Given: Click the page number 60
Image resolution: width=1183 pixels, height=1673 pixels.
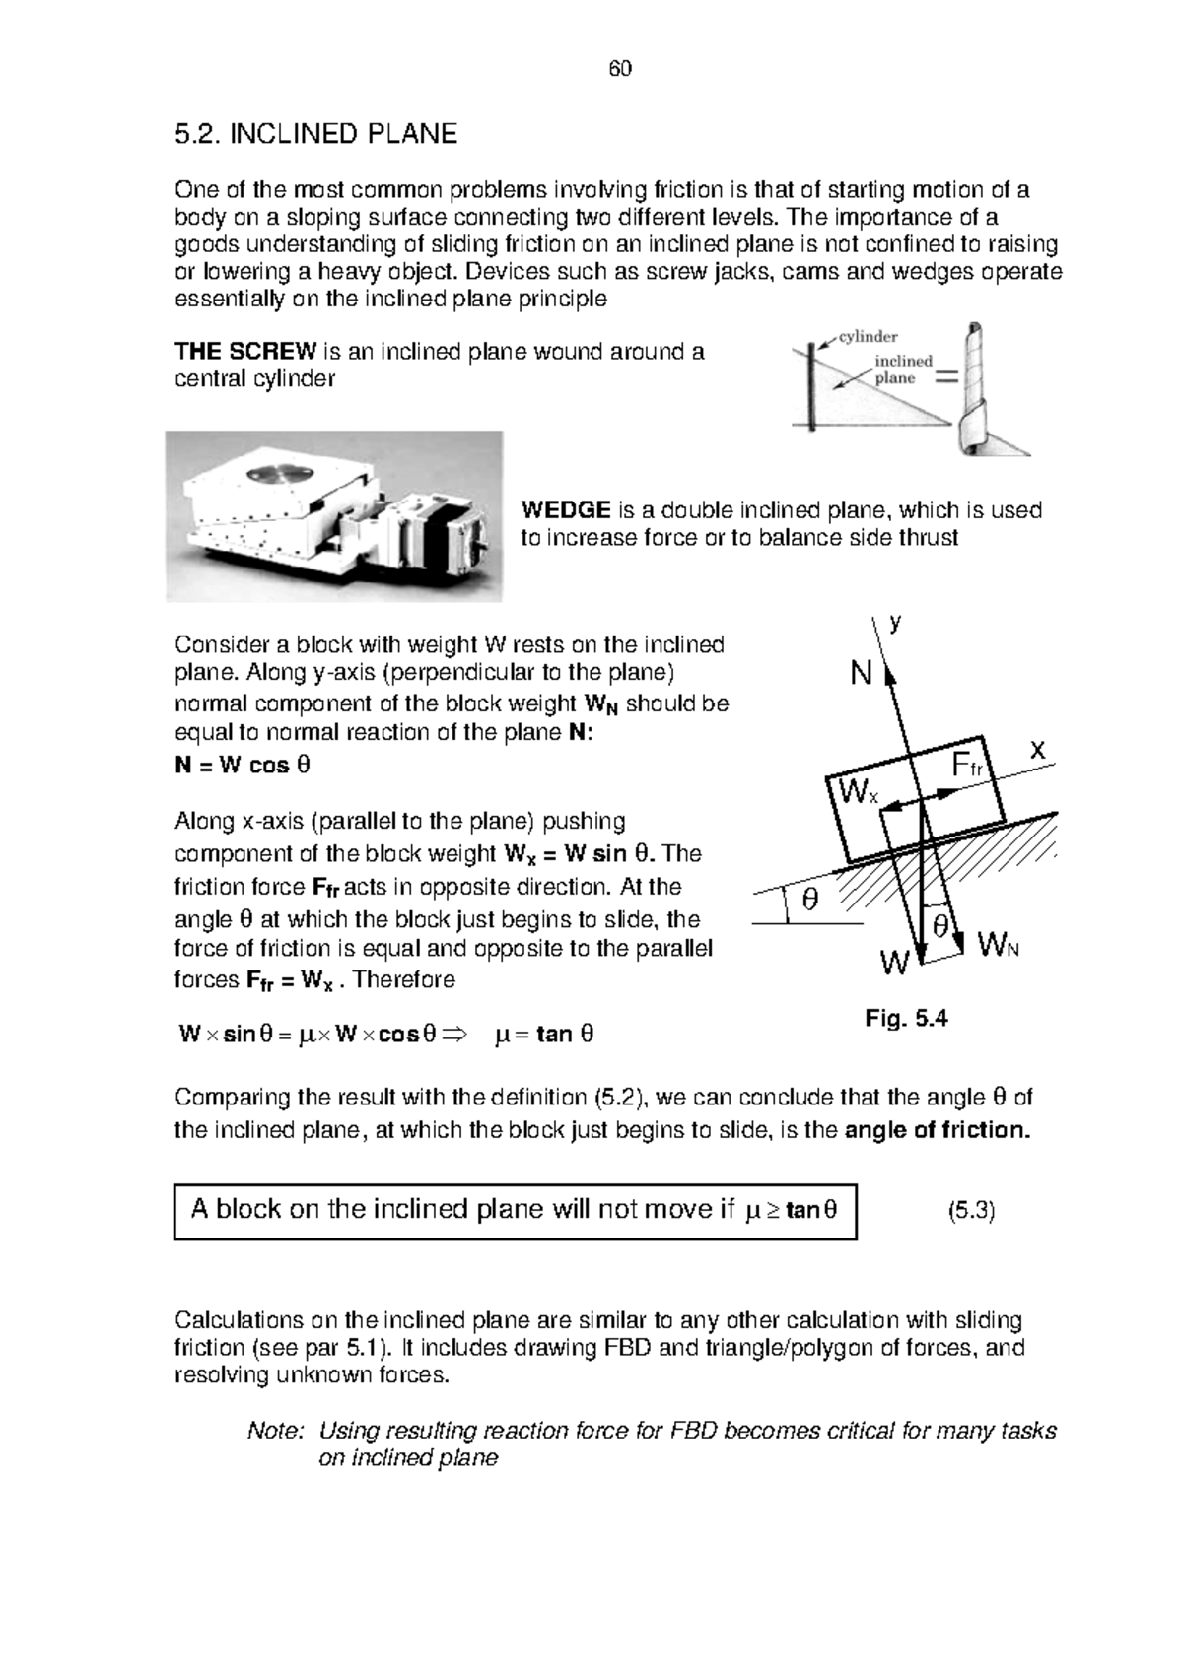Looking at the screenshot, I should click(x=619, y=69).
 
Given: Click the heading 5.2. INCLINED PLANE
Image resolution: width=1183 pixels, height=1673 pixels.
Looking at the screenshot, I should click(x=315, y=134).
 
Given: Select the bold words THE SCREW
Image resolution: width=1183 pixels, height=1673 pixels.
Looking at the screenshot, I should click(x=245, y=352).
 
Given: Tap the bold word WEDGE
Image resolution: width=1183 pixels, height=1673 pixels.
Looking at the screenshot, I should click(x=566, y=510).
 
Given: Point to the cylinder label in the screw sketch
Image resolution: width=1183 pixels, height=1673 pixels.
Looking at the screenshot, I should click(x=868, y=337).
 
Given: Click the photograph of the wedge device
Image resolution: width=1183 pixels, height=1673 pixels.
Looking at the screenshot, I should click(x=333, y=516).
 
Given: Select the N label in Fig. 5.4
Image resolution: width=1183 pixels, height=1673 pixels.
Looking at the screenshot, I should click(x=861, y=675).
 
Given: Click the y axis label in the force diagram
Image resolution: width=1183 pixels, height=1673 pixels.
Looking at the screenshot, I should click(x=896, y=623).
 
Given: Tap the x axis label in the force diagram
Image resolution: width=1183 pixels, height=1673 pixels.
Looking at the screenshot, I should click(x=1037, y=751).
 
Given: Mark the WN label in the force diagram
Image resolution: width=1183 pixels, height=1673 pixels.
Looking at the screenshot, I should click(x=998, y=948).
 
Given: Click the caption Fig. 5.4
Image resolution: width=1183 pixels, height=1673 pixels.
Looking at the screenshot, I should click(x=906, y=1019).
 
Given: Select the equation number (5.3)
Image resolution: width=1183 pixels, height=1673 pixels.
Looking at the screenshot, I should click(x=971, y=1211).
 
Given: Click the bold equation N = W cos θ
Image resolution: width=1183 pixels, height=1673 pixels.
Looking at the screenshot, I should click(x=243, y=766).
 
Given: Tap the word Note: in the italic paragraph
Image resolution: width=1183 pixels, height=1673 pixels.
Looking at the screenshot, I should click(x=277, y=1431).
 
